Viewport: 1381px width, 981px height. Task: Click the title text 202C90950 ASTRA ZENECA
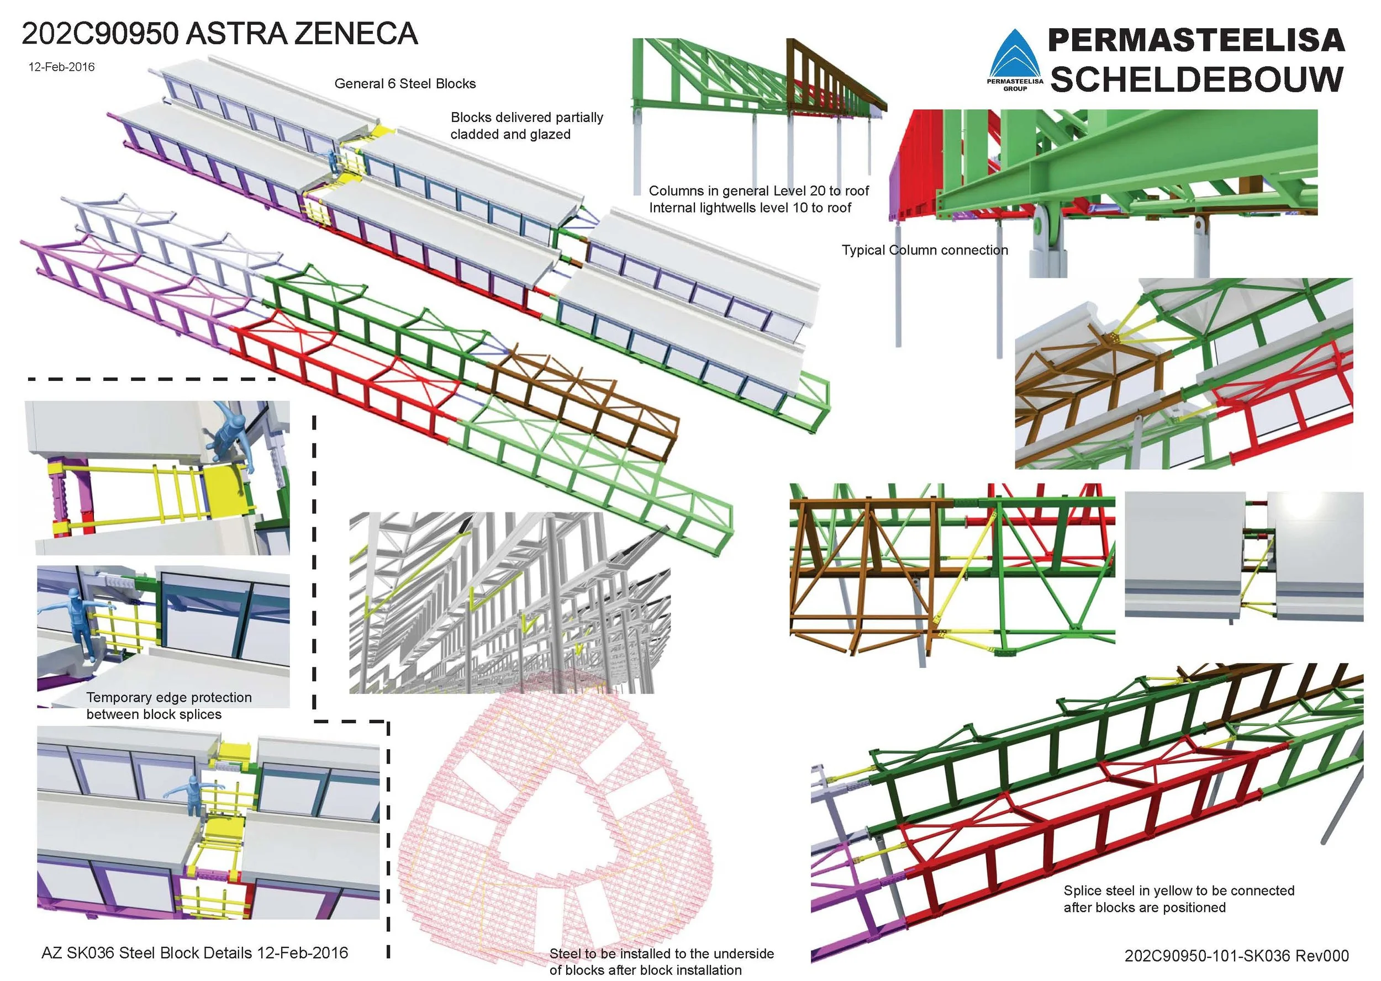(x=219, y=34)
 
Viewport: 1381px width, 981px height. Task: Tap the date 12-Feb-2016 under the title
(x=62, y=67)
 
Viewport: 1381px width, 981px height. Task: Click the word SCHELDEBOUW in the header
(x=1196, y=79)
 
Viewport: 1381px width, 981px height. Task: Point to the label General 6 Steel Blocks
(x=405, y=84)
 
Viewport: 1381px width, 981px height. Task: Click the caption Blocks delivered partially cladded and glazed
(x=526, y=126)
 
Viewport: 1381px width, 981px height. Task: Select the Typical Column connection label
(x=925, y=250)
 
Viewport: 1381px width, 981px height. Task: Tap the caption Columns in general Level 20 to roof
(x=758, y=191)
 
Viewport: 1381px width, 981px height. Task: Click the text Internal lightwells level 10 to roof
(x=750, y=208)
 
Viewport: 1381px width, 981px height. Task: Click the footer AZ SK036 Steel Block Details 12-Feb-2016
(x=194, y=953)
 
